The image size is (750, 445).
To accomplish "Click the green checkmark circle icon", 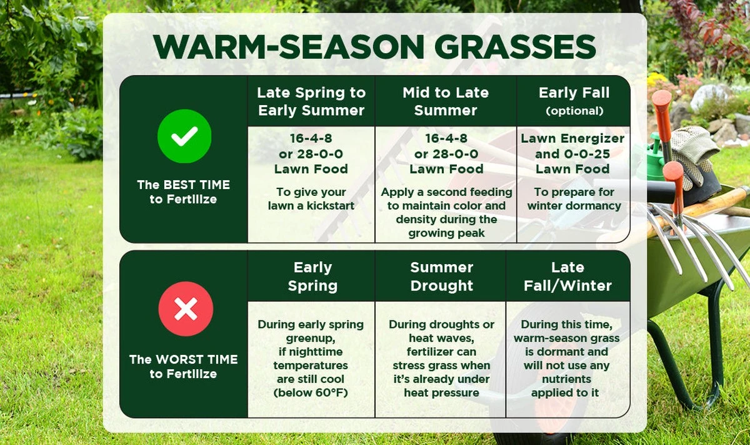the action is click(x=184, y=136).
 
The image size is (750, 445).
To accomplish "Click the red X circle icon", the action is click(x=186, y=309).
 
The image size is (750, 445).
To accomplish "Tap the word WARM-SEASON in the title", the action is click(x=289, y=46).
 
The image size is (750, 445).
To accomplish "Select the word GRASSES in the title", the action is click(x=515, y=46).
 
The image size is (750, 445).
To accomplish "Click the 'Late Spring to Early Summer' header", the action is click(x=311, y=101).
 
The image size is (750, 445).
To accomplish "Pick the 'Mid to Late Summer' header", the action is click(x=446, y=101).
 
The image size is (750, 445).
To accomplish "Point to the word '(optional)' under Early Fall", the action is click(x=574, y=111).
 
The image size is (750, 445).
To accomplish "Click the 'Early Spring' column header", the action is click(x=312, y=277).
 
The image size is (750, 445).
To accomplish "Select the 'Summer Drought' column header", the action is click(x=442, y=277).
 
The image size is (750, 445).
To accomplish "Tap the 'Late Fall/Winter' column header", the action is click(x=567, y=277).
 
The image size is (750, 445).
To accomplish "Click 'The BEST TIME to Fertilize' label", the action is click(x=184, y=192).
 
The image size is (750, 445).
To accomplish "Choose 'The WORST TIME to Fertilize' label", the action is click(x=184, y=367).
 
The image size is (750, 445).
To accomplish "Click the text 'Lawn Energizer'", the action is click(x=572, y=138).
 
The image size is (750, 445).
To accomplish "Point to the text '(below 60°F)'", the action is click(x=311, y=392).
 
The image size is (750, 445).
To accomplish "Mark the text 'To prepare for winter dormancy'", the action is click(x=574, y=199).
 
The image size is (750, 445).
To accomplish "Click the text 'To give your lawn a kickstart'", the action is click(x=311, y=199).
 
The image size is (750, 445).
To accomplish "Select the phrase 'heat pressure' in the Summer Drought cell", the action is click(x=442, y=392).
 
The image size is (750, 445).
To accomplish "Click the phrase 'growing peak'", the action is click(x=446, y=233).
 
